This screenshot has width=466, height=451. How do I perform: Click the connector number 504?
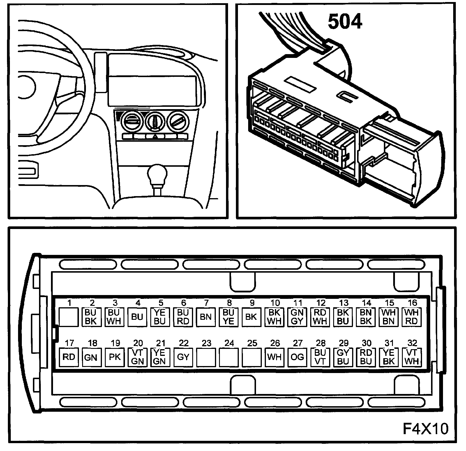[345, 22]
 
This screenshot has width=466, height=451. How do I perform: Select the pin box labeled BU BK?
[91, 317]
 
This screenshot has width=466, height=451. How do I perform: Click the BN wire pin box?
[206, 317]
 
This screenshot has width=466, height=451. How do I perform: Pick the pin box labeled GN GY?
[297, 317]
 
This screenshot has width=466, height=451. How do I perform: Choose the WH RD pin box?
[412, 317]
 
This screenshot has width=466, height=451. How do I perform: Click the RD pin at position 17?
[69, 357]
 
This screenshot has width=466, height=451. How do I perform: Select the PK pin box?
[114, 357]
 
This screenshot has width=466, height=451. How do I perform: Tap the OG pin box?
[297, 357]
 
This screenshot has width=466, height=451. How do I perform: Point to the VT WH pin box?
[412, 357]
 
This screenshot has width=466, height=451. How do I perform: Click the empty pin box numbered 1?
[69, 317]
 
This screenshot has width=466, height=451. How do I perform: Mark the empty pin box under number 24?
[229, 357]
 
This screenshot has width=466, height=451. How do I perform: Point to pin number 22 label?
[183, 343]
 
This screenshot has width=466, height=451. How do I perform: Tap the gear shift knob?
[157, 175]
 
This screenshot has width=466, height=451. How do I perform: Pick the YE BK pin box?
[389, 357]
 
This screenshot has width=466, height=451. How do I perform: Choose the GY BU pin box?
[343, 357]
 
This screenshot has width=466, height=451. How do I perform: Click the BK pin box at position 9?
[251, 317]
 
